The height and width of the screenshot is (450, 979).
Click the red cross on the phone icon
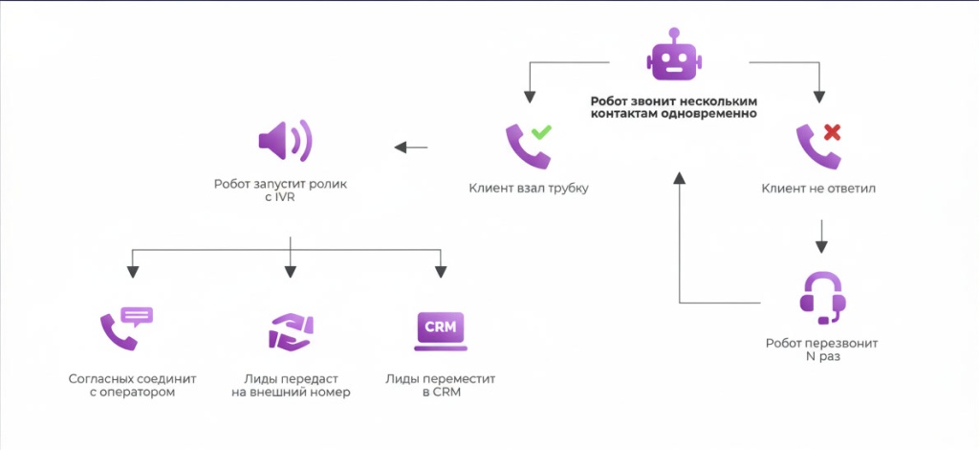click(x=831, y=131)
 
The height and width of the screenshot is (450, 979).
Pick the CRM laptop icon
click(x=441, y=328)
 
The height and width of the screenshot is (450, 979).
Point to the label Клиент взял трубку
click(x=528, y=189)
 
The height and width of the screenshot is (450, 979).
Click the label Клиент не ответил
click(x=818, y=189)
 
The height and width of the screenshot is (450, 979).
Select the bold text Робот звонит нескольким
click(x=674, y=100)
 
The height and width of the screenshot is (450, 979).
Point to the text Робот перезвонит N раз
click(x=821, y=349)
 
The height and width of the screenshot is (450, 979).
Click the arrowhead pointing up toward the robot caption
click(x=679, y=178)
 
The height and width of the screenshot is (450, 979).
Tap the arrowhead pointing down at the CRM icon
click(x=441, y=271)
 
